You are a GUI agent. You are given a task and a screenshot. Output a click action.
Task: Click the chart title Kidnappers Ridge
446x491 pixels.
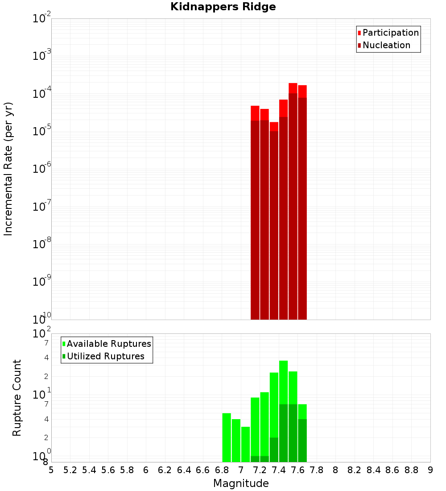click(x=223, y=7)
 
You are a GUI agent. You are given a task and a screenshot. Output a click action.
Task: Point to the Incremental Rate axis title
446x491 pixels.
click(x=8, y=169)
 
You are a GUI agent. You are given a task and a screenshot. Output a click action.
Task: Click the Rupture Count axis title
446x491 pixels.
click(x=17, y=397)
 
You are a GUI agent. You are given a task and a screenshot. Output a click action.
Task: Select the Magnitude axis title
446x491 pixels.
click(x=241, y=483)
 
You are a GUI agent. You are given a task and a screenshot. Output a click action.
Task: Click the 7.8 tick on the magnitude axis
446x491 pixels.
click(x=317, y=470)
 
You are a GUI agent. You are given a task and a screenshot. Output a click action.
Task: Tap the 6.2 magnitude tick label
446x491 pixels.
click(x=165, y=470)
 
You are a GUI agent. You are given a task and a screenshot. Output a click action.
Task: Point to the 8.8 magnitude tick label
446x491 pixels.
click(x=411, y=470)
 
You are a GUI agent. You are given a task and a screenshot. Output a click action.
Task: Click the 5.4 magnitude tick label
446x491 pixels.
click(x=89, y=470)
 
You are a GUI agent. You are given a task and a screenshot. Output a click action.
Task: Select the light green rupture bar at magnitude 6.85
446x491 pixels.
click(x=227, y=437)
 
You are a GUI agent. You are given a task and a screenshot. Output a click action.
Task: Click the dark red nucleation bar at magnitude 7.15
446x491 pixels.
click(x=255, y=219)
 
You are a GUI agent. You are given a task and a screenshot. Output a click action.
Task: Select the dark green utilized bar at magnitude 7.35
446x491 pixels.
click(x=274, y=449)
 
